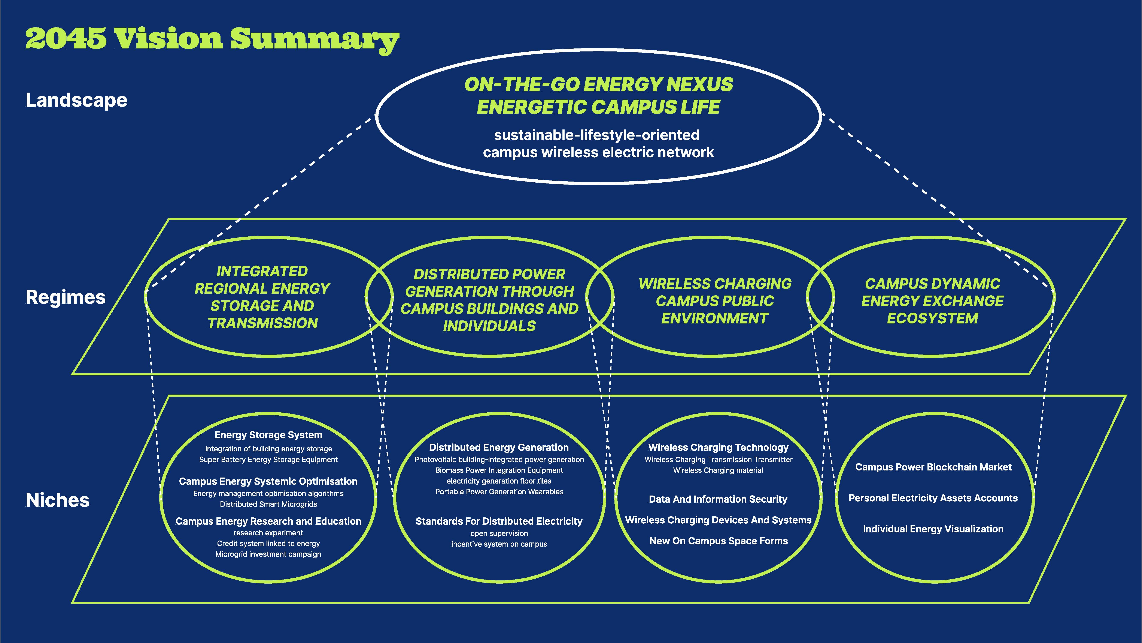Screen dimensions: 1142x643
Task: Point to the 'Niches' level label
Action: coord(58,500)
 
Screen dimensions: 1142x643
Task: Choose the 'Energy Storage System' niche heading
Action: coord(268,435)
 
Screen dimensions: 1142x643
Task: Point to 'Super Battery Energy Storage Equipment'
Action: coord(268,460)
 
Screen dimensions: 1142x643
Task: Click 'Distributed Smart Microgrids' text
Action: coord(268,504)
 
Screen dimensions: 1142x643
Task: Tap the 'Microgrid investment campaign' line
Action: coord(268,554)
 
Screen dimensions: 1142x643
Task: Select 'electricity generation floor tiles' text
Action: coord(499,481)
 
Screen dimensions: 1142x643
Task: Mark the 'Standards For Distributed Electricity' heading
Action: coord(499,521)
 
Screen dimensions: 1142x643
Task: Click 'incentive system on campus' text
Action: coord(499,544)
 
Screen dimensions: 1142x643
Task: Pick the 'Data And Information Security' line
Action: coord(718,499)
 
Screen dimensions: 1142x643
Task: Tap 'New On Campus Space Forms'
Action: coord(718,541)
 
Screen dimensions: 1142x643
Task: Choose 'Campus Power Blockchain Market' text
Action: coord(933,467)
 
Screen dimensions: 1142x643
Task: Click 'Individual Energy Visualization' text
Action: coord(933,529)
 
